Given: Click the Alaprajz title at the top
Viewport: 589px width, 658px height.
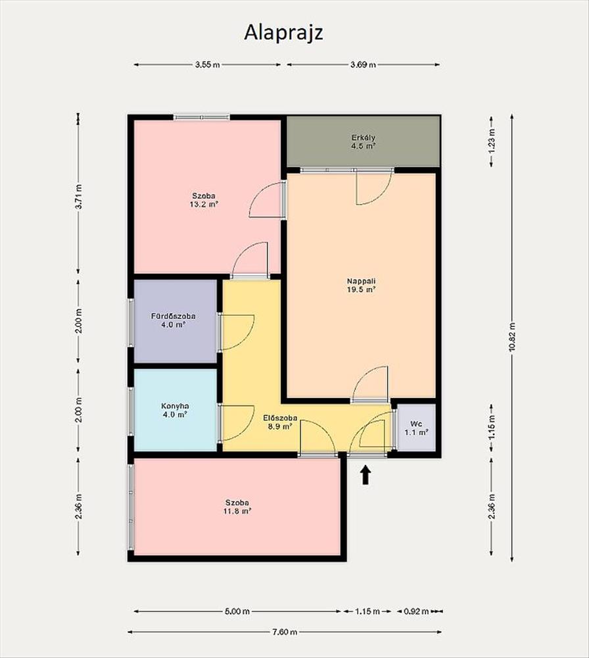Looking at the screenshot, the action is [x=283, y=33].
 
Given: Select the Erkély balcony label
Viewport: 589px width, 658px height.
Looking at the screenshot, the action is [x=363, y=142].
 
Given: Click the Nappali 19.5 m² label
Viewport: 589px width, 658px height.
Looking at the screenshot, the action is [x=360, y=286].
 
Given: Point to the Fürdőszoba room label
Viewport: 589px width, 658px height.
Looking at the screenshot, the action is [x=173, y=320].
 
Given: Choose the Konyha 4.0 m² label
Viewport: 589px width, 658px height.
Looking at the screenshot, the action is [x=175, y=410].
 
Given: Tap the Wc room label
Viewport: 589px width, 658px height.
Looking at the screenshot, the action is [x=416, y=428].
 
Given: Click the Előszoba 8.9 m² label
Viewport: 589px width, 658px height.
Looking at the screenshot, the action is [x=280, y=422].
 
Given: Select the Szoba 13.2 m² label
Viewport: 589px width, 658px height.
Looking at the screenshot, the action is [x=204, y=200].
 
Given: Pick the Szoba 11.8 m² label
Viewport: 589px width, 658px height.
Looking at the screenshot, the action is [x=237, y=507].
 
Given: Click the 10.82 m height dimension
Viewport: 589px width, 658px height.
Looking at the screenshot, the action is [x=512, y=338].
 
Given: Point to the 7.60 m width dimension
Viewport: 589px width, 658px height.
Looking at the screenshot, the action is [x=285, y=632].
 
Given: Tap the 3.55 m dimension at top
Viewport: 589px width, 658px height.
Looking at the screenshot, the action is [x=208, y=64].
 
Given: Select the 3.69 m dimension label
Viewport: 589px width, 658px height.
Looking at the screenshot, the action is [x=363, y=64].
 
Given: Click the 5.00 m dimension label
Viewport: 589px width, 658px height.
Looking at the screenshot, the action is [x=237, y=611].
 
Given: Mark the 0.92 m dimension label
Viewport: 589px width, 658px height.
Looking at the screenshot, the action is [x=416, y=611].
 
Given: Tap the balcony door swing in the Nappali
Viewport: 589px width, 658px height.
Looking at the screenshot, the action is [x=373, y=187].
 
